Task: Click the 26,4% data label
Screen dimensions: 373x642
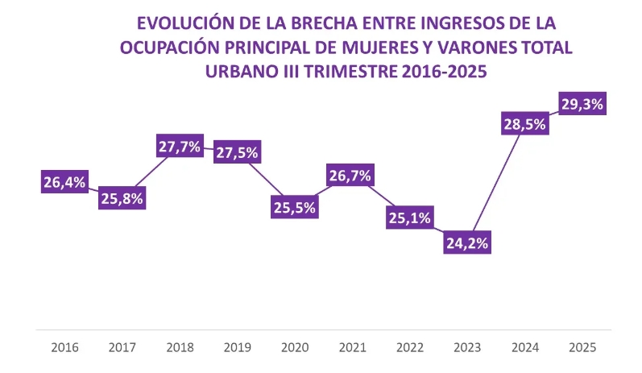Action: click(64, 182)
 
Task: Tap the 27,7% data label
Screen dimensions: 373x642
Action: click(180, 147)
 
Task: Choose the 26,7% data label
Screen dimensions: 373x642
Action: click(352, 175)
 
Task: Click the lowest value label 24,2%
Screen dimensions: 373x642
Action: click(467, 242)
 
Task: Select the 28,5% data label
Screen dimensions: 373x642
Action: click(524, 124)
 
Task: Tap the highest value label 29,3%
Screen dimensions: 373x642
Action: click(582, 103)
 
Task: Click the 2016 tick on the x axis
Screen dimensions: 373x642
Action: click(64, 348)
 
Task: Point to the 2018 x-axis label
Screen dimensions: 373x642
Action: click(180, 348)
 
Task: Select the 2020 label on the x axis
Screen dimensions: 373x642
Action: click(295, 348)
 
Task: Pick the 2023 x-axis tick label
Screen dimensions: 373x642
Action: click(467, 348)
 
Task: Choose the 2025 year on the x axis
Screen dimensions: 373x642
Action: click(582, 348)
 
